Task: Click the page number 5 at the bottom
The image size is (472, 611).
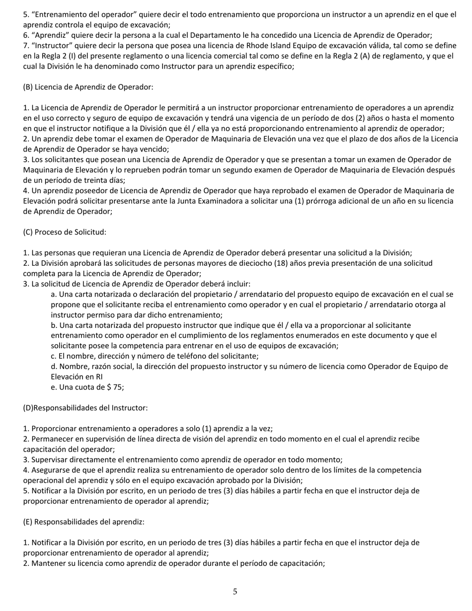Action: pos(235,591)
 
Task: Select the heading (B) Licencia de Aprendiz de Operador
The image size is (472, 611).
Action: pos(88,87)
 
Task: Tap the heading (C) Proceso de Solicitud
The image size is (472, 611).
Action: pos(65,232)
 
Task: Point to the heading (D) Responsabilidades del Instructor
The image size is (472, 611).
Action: pos(85,408)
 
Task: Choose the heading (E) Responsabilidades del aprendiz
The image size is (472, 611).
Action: pos(83,522)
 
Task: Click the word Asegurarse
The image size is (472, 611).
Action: pos(51,469)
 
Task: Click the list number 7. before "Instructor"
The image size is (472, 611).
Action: pos(26,45)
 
